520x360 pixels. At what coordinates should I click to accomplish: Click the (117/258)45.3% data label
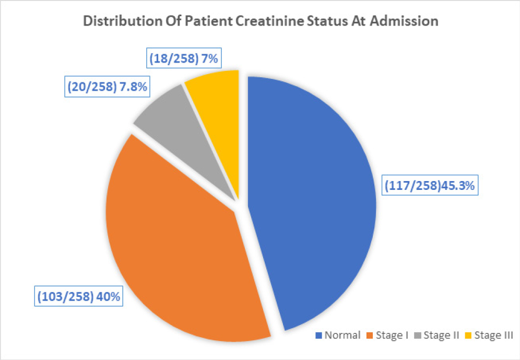430,185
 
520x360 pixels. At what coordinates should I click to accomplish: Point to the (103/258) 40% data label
79,297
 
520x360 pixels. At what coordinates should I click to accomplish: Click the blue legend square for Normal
318,335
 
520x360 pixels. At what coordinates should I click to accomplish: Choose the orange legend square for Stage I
369,335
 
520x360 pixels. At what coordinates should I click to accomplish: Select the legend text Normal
342,335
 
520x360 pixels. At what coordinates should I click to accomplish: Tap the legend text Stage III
493,335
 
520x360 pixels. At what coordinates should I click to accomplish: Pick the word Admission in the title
407,22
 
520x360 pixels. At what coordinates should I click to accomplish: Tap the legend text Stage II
441,335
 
